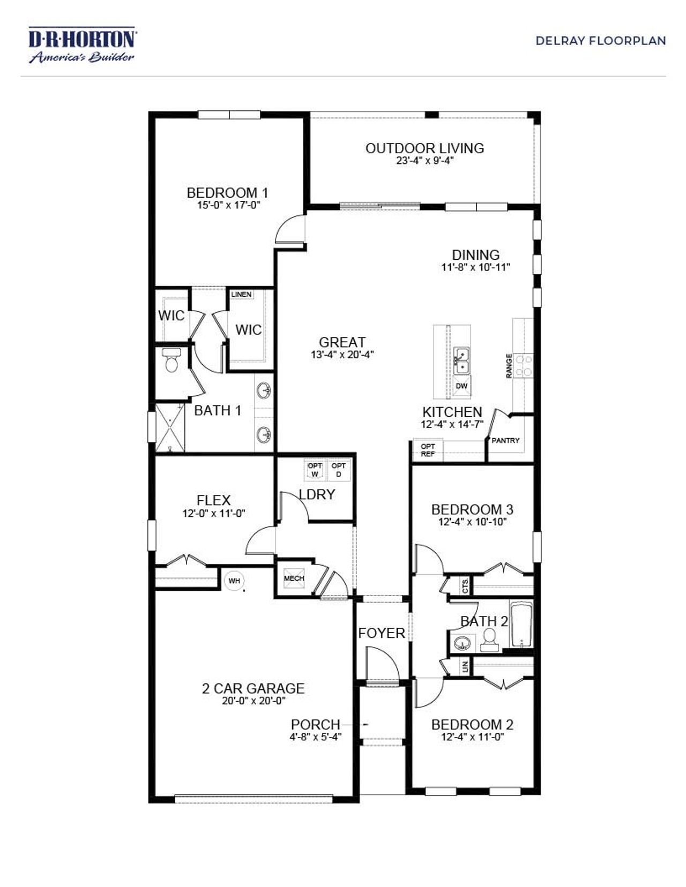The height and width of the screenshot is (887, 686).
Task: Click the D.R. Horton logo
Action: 82,45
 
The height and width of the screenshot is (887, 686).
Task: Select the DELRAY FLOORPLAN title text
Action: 600,41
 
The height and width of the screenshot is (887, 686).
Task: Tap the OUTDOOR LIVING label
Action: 424,148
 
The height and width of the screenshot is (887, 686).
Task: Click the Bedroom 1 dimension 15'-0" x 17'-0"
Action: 228,205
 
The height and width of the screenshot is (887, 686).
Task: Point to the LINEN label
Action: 241,295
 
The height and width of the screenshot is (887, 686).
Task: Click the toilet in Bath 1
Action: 171,362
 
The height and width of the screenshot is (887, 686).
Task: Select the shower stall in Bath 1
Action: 170,427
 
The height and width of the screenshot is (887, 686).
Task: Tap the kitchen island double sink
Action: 461,361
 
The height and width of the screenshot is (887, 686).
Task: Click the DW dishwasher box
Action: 461,386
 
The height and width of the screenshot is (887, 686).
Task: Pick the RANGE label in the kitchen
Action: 509,366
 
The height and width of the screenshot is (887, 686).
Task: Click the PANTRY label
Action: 505,440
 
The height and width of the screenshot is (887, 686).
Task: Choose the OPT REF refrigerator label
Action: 428,450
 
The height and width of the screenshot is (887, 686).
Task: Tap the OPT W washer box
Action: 315,470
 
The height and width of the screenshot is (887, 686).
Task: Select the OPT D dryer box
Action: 339,470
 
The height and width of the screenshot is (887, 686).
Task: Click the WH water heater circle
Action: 234,581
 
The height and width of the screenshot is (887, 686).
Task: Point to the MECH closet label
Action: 294,578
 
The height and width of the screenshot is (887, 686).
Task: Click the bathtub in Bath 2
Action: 521,625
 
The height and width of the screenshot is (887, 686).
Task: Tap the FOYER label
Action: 382,633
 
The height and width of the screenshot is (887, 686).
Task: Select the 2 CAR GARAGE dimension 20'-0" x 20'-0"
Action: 253,701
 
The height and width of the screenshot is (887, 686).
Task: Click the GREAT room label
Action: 342,342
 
